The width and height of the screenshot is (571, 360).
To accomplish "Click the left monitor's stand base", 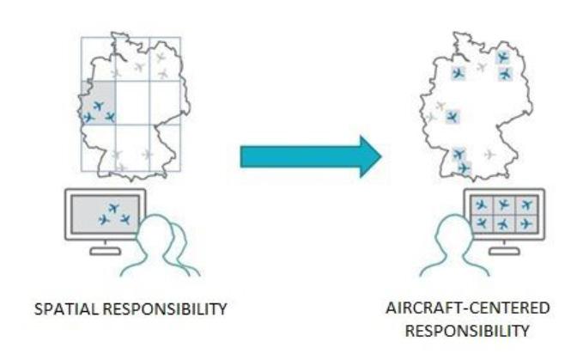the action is (x=106, y=252).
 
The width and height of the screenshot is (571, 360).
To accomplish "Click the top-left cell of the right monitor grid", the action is (x=483, y=205).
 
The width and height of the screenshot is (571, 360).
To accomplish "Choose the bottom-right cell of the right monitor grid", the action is (x=525, y=223).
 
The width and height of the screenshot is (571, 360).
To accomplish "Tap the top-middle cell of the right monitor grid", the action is (x=504, y=205).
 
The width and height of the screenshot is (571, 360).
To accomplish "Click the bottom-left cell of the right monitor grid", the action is (x=483, y=223).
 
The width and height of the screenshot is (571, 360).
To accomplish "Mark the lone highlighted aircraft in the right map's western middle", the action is (x=452, y=116).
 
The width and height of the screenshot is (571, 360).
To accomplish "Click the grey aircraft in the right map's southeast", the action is (x=489, y=155).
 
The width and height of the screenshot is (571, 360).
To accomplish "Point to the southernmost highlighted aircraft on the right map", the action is (x=464, y=168).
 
